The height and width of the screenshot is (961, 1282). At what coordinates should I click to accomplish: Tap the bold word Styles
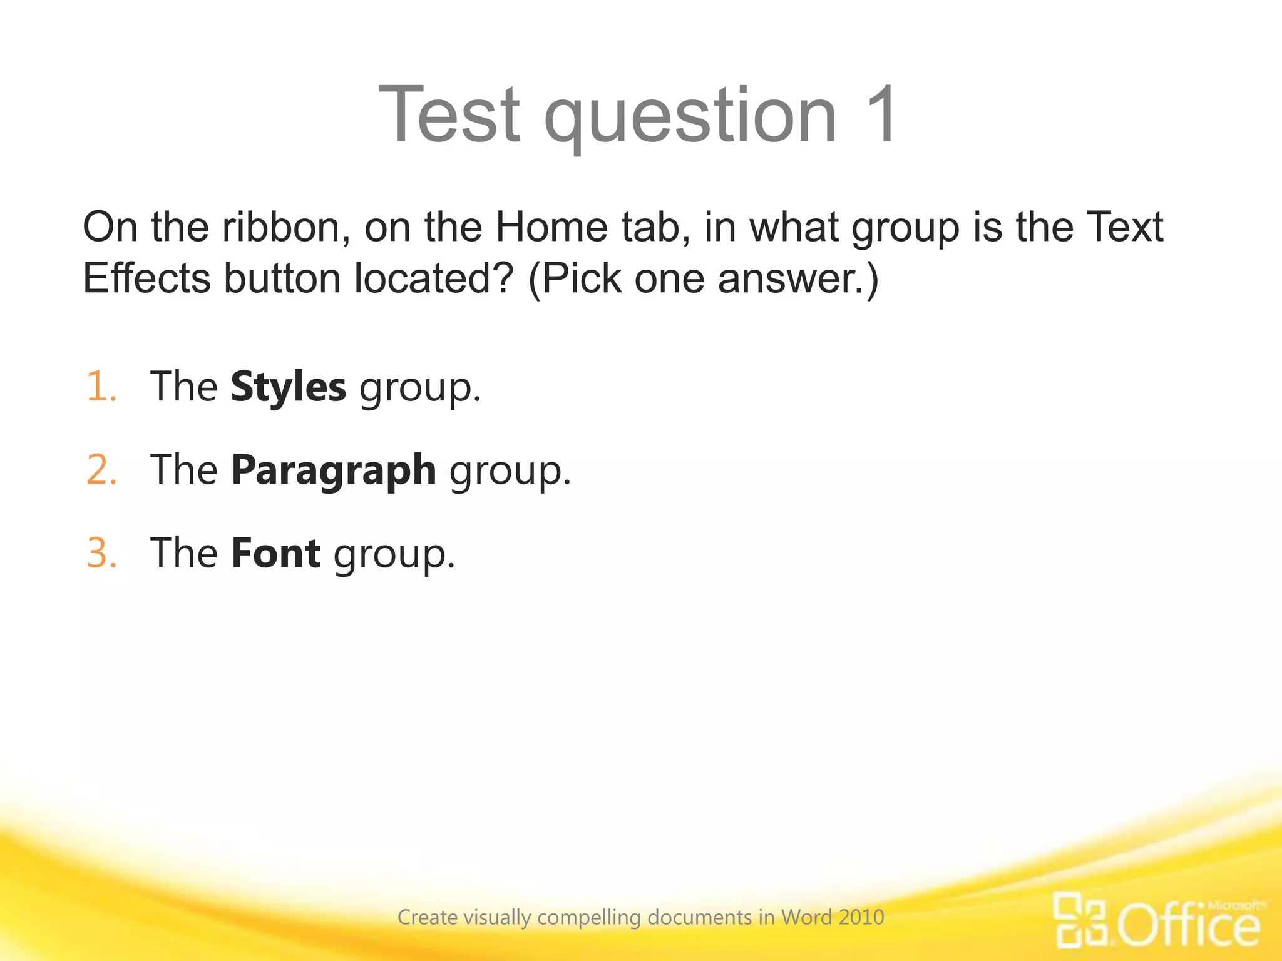pos(288,387)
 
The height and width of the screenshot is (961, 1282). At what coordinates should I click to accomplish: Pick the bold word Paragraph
pos(334,470)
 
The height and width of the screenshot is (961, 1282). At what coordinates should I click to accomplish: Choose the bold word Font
pos(275,553)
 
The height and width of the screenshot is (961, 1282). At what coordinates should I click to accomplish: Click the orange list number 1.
pos(101,387)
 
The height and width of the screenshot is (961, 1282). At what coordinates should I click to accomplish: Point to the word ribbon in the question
pos(285,227)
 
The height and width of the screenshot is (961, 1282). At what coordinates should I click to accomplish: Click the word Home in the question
pos(551,227)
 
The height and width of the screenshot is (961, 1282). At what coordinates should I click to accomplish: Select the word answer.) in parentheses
pos(799,278)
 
